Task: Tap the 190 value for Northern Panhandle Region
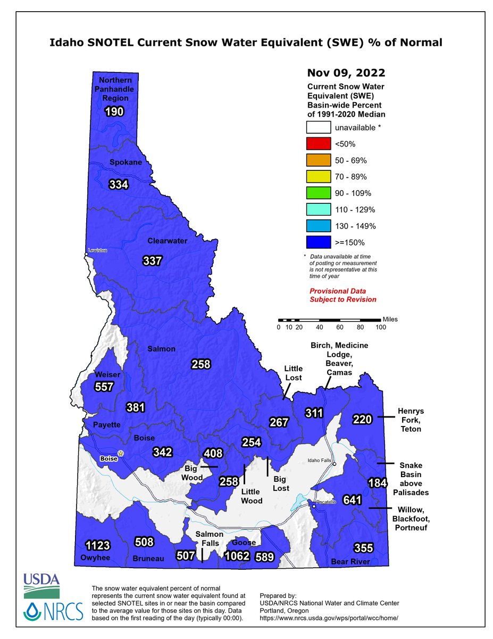114,112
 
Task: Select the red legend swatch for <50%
318,144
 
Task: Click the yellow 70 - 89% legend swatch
318,177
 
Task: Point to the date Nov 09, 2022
346,72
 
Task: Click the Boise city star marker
121,453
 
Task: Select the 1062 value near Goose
237,557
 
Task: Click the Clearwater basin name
167,241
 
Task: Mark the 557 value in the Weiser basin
104,387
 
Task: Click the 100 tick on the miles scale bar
380,327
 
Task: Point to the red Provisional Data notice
343,295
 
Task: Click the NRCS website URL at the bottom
329,618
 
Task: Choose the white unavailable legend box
318,127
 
